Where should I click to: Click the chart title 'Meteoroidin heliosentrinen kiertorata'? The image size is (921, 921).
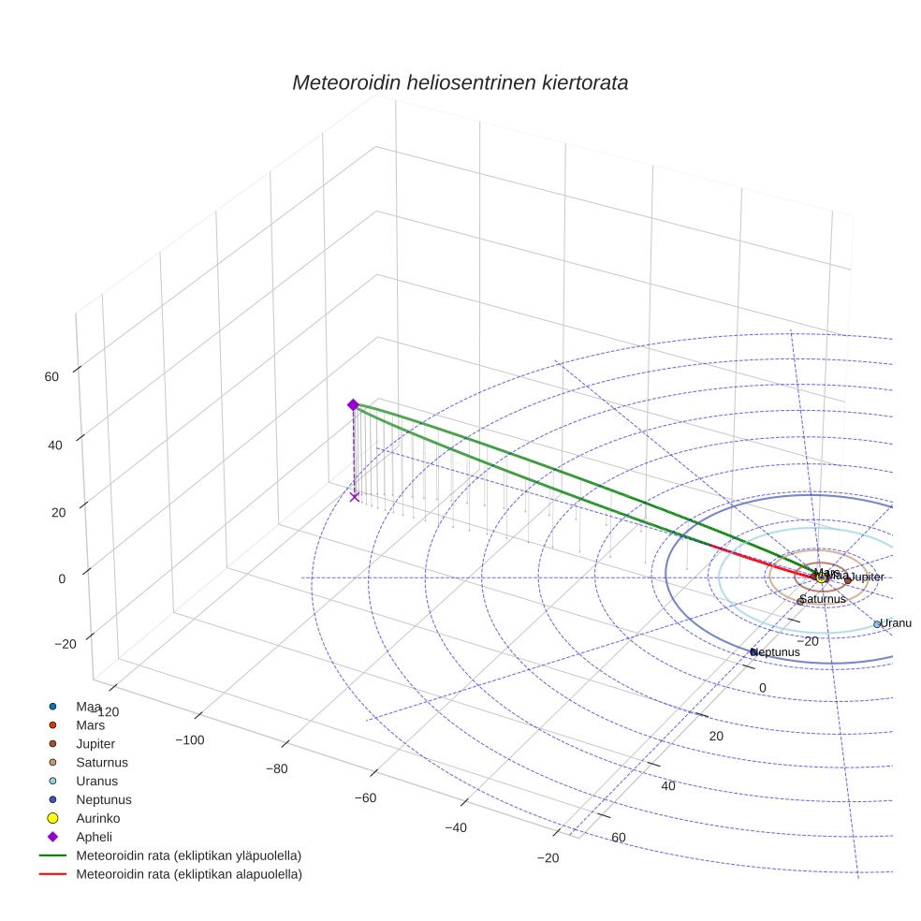click(460, 82)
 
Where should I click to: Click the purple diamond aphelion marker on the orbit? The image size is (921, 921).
click(353, 404)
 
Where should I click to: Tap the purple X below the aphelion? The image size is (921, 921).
click(355, 497)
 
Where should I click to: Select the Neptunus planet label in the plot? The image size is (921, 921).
click(777, 652)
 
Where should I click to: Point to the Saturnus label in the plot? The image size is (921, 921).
click(823, 599)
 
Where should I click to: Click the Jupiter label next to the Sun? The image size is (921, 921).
click(867, 577)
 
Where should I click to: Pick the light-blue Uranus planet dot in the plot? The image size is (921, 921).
click(877, 624)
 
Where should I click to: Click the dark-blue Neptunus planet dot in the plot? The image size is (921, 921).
click(753, 652)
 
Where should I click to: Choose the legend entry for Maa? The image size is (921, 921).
click(89, 706)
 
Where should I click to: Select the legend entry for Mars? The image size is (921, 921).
click(91, 724)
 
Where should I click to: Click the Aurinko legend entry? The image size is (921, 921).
click(96, 818)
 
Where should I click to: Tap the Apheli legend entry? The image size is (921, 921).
click(94, 837)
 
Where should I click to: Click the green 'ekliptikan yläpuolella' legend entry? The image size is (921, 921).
click(188, 855)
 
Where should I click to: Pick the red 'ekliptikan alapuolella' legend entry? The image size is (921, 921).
click(188, 874)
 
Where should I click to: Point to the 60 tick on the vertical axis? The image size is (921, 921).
click(51, 377)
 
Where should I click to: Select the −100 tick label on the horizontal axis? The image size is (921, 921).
click(190, 740)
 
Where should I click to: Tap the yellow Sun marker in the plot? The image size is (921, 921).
click(821, 577)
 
